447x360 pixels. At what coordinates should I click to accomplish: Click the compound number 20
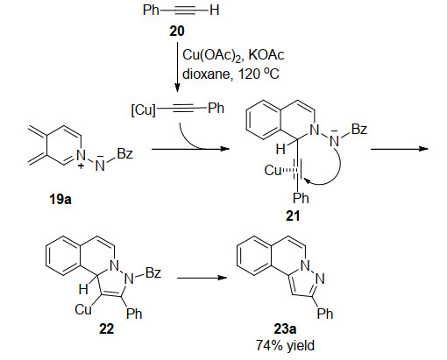point(177,31)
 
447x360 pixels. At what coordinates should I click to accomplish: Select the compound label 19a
point(60,200)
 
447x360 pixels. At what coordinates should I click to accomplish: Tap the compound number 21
point(293,216)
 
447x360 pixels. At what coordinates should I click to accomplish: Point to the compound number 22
point(106,328)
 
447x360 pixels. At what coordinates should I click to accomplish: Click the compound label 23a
point(285,328)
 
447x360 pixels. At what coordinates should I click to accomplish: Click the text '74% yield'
point(285,345)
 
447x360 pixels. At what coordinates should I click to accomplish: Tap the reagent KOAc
point(266,55)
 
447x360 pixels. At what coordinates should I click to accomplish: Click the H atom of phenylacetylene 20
point(214,11)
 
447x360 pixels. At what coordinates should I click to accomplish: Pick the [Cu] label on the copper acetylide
point(144,110)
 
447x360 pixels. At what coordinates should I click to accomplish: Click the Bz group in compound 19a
point(125,153)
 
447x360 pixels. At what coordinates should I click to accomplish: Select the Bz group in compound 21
point(359,129)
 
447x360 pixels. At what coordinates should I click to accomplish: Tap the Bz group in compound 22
point(153,272)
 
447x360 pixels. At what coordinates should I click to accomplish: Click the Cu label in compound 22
point(83,309)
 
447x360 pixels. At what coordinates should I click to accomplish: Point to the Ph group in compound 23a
point(325,314)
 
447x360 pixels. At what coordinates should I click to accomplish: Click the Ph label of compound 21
point(301,198)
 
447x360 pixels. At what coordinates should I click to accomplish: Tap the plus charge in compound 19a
point(81,166)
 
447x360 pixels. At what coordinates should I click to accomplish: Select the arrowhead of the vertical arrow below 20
point(177,88)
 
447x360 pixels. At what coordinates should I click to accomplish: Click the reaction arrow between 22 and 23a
point(202,278)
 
